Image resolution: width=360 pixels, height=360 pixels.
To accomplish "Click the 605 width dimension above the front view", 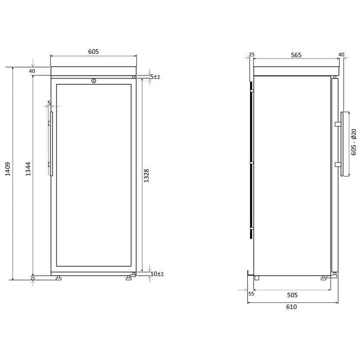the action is (94, 51).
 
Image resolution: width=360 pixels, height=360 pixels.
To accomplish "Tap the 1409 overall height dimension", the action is (8, 169).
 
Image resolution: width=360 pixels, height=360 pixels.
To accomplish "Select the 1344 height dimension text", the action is (28, 169).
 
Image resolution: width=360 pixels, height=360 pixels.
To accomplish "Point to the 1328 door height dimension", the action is (147, 176).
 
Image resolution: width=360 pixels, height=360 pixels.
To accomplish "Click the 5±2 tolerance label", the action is (155, 77).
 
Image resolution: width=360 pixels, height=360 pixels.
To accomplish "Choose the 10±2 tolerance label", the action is (157, 274).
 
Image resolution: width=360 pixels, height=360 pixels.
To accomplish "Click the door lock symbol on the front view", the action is (94, 81).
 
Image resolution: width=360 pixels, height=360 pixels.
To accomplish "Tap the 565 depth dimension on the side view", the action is (296, 55).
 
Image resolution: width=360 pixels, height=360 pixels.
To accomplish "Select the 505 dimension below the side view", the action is (292, 295).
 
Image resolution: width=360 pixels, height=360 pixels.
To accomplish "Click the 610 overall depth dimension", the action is (292, 307).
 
